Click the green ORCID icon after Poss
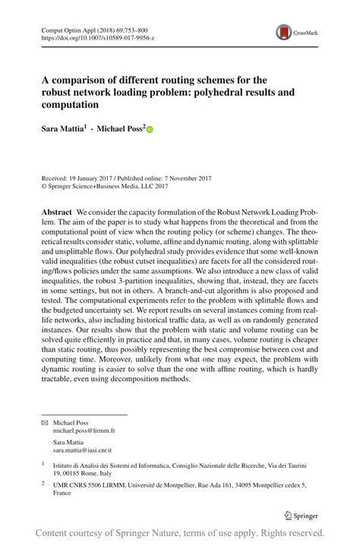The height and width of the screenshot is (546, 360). (150, 130)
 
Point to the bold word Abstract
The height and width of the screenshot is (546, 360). (56, 210)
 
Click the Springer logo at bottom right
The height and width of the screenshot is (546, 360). (301, 514)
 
